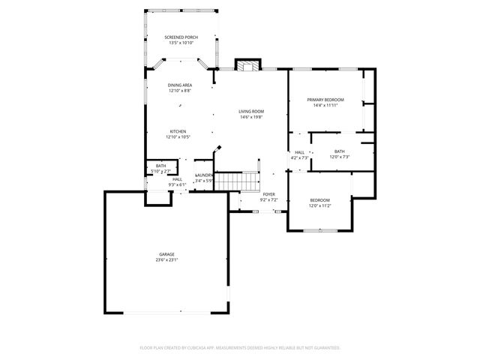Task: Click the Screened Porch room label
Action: (181, 37)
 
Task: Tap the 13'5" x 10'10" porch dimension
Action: (181, 43)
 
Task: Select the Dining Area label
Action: (179, 85)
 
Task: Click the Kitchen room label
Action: (178, 131)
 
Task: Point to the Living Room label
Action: (251, 111)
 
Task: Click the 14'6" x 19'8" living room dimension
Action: (251, 117)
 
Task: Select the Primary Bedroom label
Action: (325, 100)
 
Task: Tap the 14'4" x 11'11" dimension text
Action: (325, 106)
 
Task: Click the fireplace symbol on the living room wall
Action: (247, 65)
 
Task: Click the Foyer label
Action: (268, 194)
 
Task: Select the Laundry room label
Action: (205, 175)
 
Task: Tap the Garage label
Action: (166, 254)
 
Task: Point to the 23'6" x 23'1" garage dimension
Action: (166, 260)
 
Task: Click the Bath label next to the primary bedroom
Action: (340, 151)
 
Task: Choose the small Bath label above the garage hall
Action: (160, 166)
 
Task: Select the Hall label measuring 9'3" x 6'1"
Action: (177, 179)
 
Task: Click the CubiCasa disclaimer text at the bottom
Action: (240, 348)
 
